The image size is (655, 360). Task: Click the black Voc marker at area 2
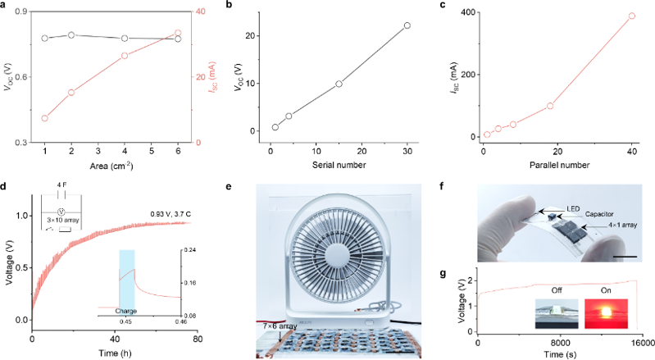[x=71, y=35]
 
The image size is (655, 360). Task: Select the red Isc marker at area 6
[x=178, y=33]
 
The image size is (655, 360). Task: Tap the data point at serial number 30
[x=407, y=25]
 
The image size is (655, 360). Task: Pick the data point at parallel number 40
[x=631, y=16]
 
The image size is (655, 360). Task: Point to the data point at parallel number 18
[x=550, y=106]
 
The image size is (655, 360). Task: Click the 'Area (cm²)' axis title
[x=111, y=166]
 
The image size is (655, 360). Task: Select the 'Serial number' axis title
[x=339, y=165]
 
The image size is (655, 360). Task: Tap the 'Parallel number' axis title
[x=559, y=165]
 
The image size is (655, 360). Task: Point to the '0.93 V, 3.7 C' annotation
[x=170, y=214]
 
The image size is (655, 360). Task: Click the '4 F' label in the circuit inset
[x=61, y=185]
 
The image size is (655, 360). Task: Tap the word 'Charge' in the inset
[x=126, y=311]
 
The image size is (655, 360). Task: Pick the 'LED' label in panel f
[x=573, y=208]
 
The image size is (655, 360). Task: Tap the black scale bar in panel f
[x=625, y=257]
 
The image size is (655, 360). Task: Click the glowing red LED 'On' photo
[x=606, y=313]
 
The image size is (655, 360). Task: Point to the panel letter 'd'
[x=3, y=186]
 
